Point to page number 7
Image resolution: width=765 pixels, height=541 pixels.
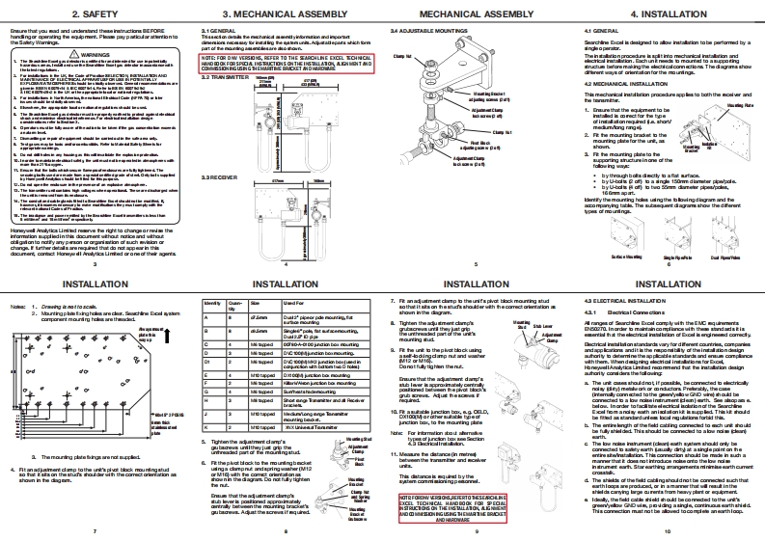[95, 531]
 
